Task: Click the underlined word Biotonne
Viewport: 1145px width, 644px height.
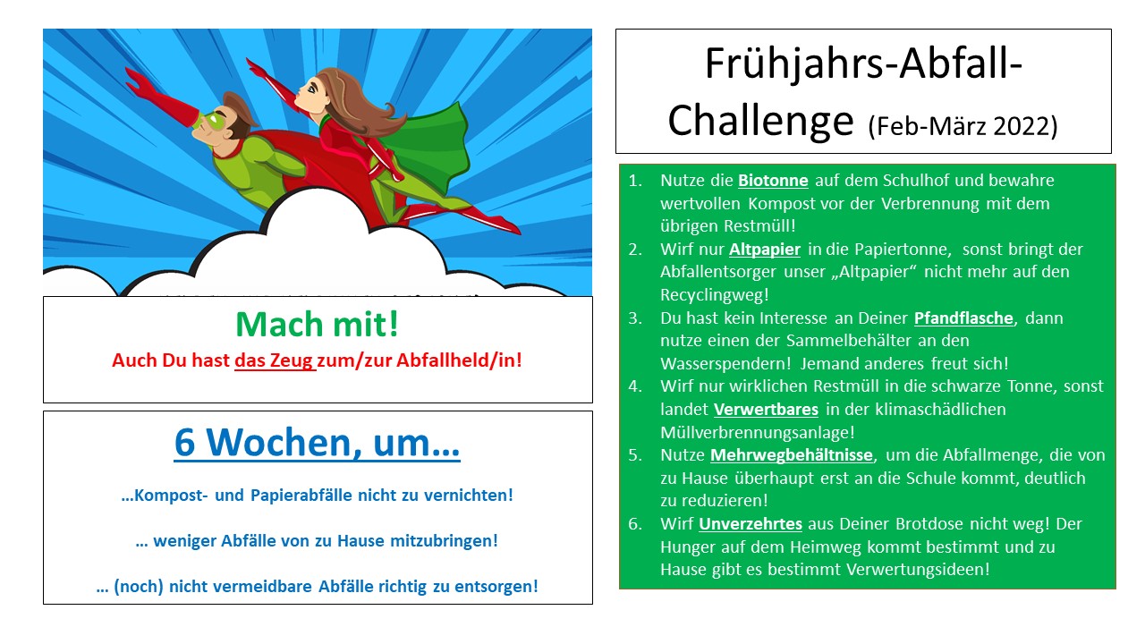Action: pyautogui.click(x=773, y=181)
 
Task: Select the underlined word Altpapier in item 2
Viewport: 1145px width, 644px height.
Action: pyautogui.click(x=765, y=250)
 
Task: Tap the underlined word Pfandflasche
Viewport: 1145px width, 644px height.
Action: pyautogui.click(x=963, y=318)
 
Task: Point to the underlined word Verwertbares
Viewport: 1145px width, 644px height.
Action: pyautogui.click(x=766, y=410)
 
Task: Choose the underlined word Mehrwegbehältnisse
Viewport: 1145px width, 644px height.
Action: pyautogui.click(x=792, y=455)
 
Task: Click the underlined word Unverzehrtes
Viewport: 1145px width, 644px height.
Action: pyautogui.click(x=751, y=524)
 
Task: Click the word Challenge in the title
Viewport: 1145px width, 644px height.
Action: pyautogui.click(x=760, y=121)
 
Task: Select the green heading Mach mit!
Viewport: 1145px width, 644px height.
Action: pyautogui.click(x=317, y=324)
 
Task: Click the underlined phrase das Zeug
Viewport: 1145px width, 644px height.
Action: pyautogui.click(x=274, y=360)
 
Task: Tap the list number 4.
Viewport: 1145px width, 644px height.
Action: pyautogui.click(x=635, y=386)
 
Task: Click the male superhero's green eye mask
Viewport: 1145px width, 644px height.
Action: pyautogui.click(x=213, y=121)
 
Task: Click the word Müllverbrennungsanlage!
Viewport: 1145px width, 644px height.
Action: pyautogui.click(x=758, y=432)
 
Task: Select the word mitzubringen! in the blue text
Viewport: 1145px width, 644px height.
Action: pyautogui.click(x=445, y=541)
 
